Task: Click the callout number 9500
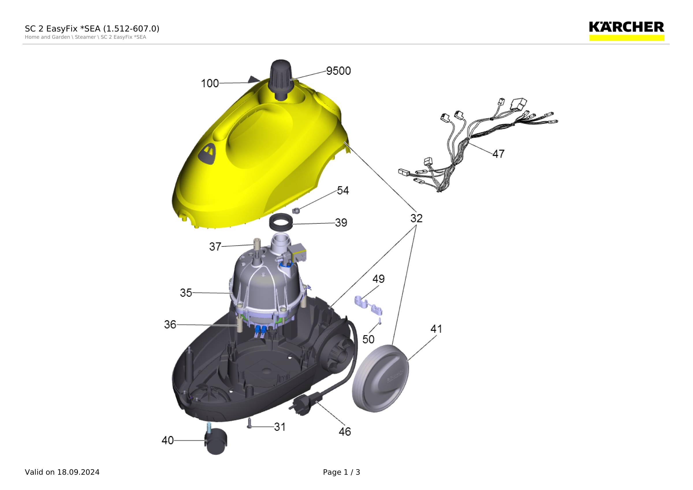tap(338, 71)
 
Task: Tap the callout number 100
tap(210, 83)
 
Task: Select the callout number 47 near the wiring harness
tap(498, 154)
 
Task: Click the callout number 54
tap(343, 190)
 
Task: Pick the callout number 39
tap(341, 222)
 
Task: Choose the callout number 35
tap(186, 293)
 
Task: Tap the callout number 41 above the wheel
tap(436, 329)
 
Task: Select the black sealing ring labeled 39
tap(281, 222)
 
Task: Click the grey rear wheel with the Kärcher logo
tap(381, 378)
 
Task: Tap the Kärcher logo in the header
tap(627, 31)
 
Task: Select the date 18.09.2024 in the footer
tap(79, 472)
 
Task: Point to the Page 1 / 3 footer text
tap(341, 472)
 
